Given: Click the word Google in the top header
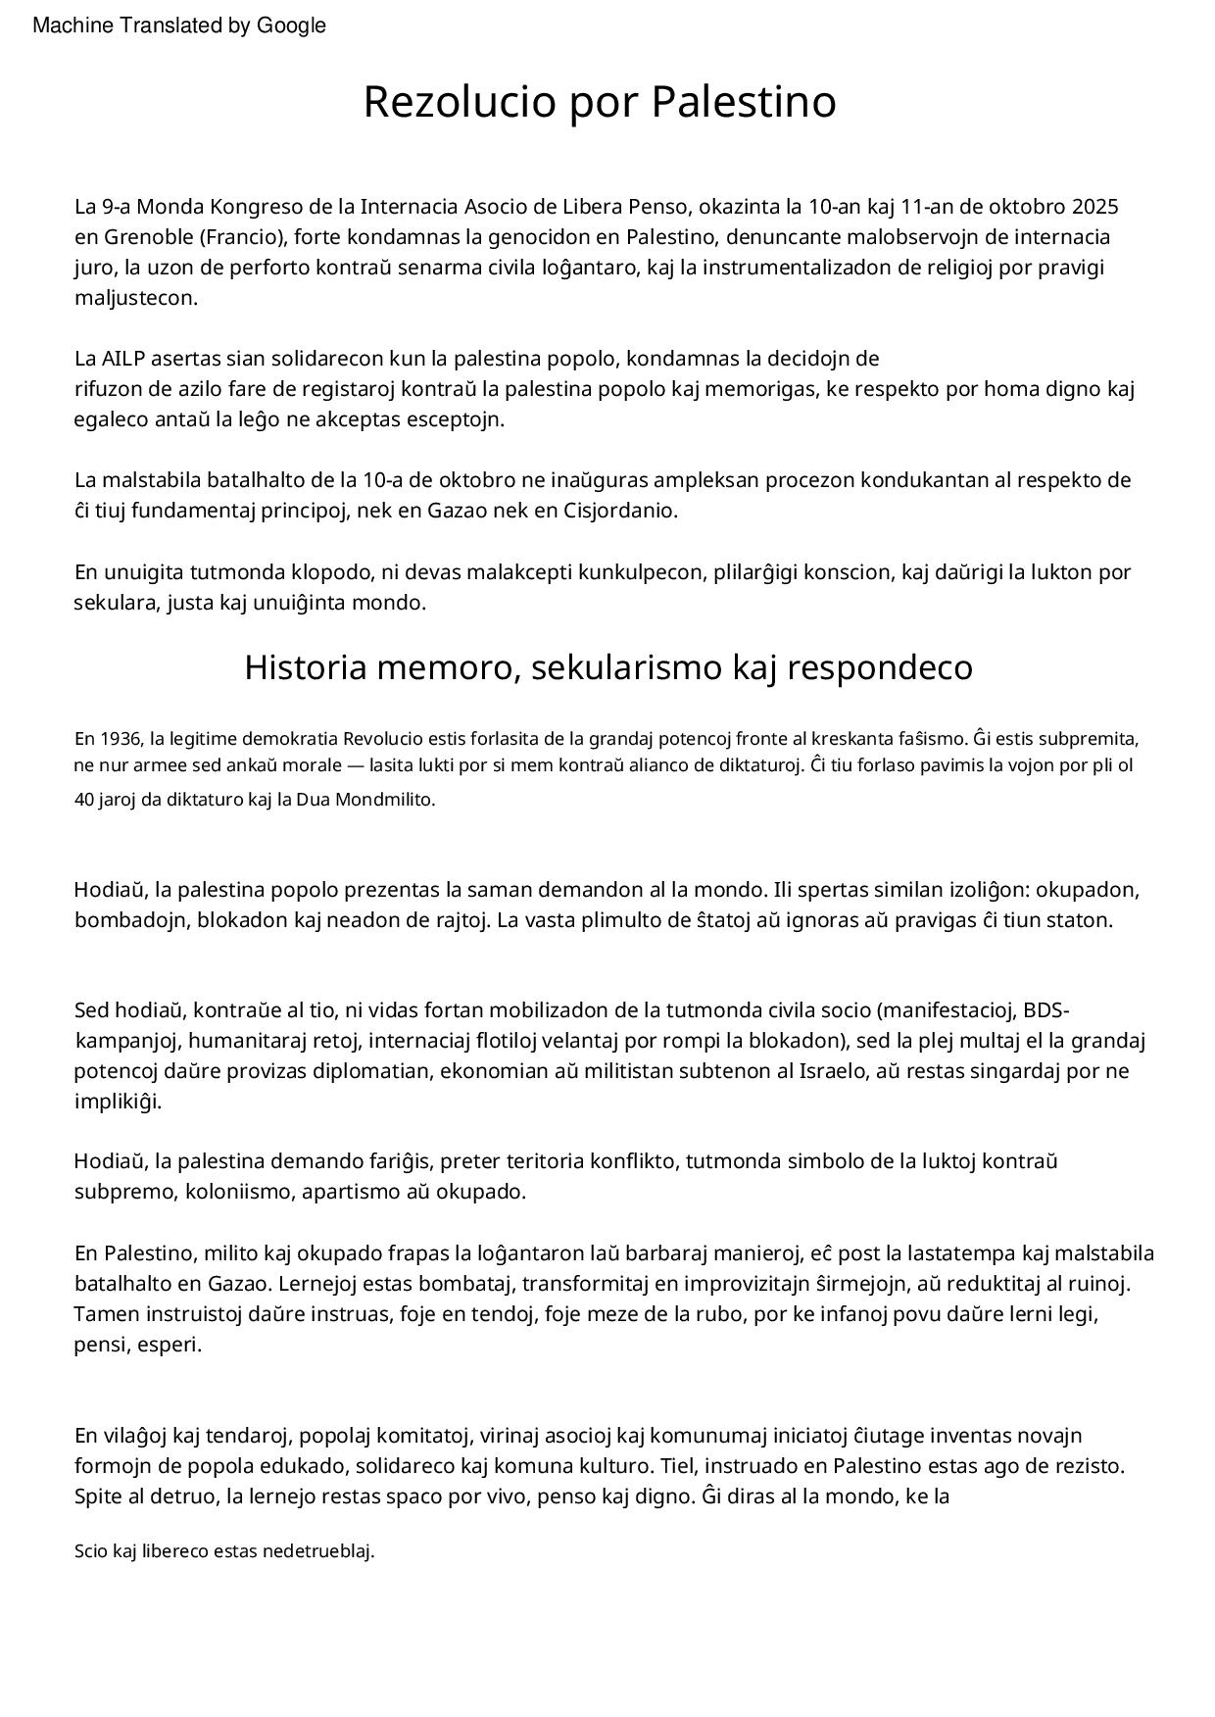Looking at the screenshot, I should point(291,25).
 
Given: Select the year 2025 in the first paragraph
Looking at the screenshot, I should point(1095,207).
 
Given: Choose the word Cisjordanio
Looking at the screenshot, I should point(619,511).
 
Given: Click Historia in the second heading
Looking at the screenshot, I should point(305,667).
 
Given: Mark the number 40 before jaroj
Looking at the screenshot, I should point(84,799).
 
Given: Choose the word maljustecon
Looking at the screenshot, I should point(136,298).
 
